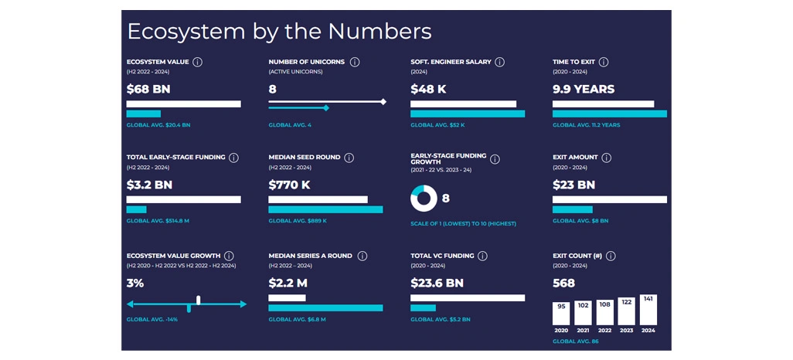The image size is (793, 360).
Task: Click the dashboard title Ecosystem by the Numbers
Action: [x=279, y=32]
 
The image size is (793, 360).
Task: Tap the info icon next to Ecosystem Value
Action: [x=198, y=63]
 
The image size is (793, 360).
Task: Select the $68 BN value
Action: [x=148, y=89]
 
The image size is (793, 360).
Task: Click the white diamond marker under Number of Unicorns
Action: [x=383, y=101]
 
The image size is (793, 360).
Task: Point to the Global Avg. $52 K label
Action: [x=437, y=124]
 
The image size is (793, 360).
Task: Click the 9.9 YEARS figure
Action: [x=584, y=89]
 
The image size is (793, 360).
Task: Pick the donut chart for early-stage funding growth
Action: [x=424, y=199]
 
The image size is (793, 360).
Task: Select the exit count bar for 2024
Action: [x=648, y=310]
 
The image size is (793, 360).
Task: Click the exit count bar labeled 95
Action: [x=561, y=313]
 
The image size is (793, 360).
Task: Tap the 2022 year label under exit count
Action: [x=604, y=330]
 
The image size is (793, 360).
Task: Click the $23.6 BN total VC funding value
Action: [x=437, y=284]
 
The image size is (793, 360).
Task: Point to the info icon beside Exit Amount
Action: [x=606, y=158]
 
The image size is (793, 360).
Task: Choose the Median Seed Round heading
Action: [x=304, y=158]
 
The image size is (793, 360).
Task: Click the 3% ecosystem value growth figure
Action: [x=135, y=284]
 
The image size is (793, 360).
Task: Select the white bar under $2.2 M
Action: [x=287, y=297]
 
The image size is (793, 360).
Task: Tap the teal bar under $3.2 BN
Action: [x=136, y=209]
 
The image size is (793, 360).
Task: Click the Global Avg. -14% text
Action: [x=152, y=319]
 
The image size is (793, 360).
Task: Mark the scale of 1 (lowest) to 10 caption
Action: [x=463, y=224]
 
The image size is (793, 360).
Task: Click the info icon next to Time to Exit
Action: [x=604, y=63]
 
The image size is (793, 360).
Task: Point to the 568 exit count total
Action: [x=563, y=284]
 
